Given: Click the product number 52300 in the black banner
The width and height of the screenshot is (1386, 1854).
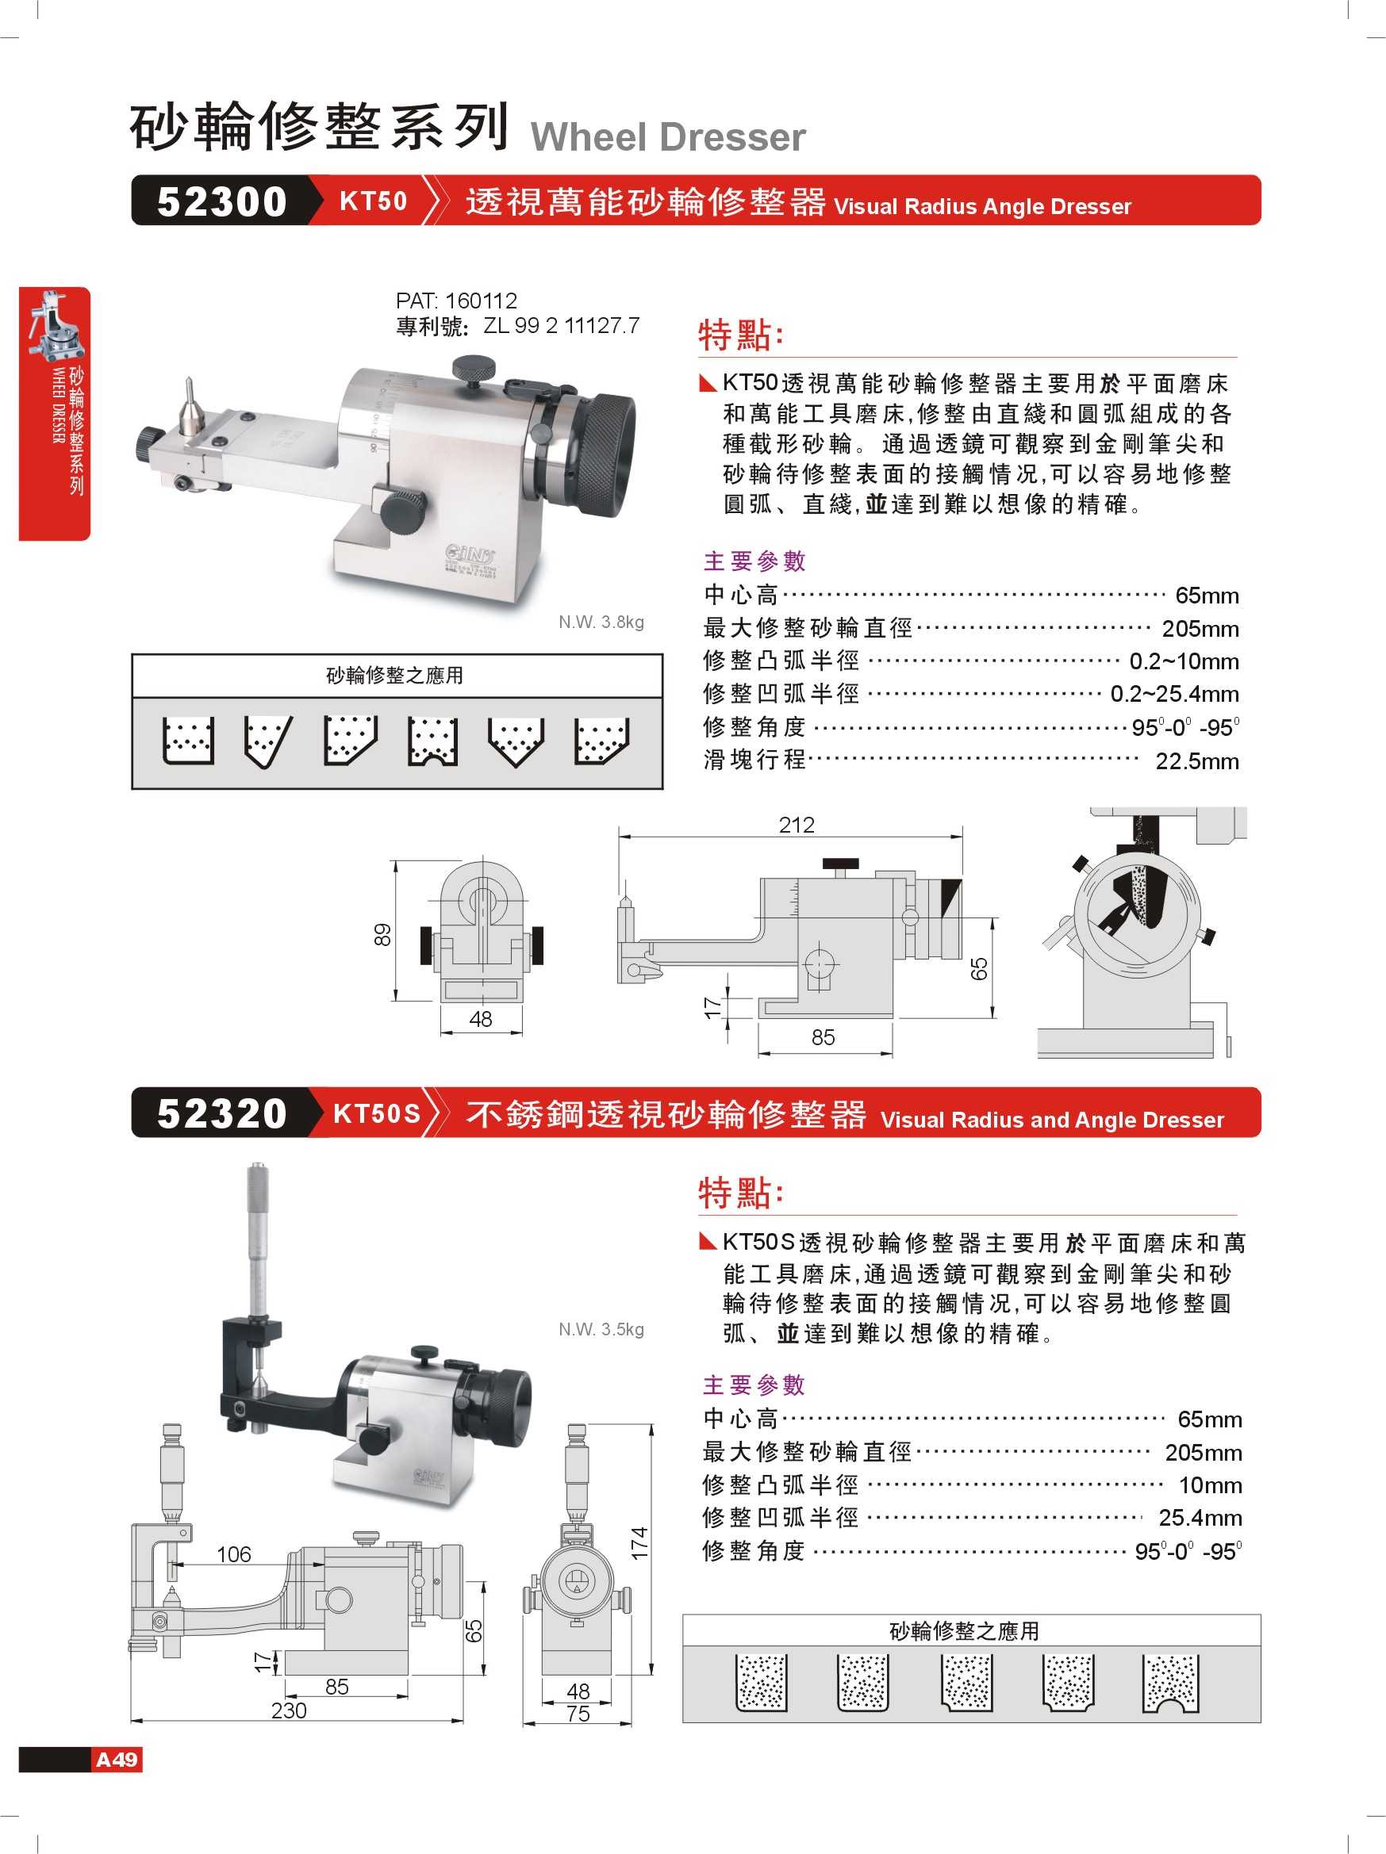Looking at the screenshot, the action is [222, 201].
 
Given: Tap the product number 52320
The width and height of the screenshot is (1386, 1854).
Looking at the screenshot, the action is [222, 1113].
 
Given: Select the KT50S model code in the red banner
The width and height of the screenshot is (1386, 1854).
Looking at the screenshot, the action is [377, 1113].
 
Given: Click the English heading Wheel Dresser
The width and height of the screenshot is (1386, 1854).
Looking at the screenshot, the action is [668, 136].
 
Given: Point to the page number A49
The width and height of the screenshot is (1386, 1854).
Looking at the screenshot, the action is [117, 1759].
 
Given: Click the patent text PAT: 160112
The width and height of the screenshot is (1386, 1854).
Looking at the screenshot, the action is [456, 300].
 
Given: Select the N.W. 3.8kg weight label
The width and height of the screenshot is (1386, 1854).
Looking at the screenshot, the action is [601, 622].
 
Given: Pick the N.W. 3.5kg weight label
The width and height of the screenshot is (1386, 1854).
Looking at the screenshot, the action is [601, 1329].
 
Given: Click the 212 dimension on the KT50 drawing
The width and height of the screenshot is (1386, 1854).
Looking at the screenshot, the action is [796, 825].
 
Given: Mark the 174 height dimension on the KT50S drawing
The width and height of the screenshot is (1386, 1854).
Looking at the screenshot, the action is [639, 1543].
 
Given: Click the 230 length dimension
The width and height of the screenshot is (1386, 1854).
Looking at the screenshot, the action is [289, 1710].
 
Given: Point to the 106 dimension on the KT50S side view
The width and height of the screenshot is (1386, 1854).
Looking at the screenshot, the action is [234, 1554].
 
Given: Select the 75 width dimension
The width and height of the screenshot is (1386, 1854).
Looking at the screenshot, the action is [578, 1713].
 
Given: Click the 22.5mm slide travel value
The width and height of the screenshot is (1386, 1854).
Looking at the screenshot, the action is [1196, 761].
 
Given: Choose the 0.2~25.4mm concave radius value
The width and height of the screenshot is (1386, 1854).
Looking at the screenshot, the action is [1175, 694].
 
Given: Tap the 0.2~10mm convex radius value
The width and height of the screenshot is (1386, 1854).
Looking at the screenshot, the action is [1184, 661].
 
